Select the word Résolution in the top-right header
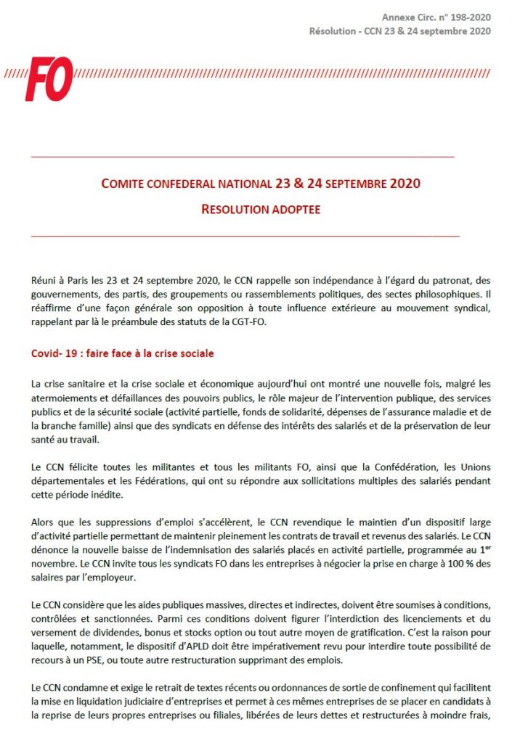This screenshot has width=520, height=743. coord(331,30)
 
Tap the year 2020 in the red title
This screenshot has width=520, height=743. coord(404,184)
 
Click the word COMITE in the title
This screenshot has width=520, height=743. coord(124,184)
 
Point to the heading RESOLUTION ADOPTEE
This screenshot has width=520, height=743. coord(261,209)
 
